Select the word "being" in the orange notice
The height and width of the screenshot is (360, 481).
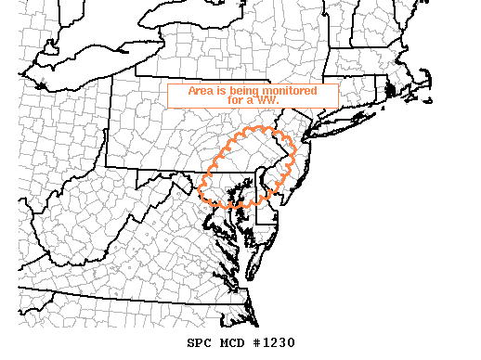click(247, 90)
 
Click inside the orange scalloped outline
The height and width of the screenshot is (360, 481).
click(246, 167)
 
